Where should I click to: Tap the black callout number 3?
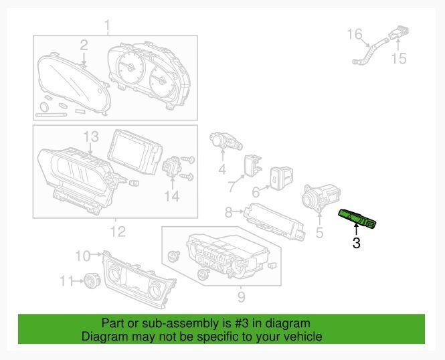coord(357,243)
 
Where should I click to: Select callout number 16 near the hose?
coord(355,34)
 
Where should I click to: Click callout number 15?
coord(399,58)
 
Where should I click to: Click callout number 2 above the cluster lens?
coord(84,46)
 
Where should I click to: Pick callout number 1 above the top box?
coord(107,25)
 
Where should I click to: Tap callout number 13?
coord(91,137)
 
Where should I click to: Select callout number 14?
coord(172,196)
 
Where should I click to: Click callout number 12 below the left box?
coord(118,232)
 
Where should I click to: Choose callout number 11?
coord(66,281)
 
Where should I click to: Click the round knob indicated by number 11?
coord(92,280)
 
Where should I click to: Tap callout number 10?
coord(83,256)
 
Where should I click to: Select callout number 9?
coord(241,296)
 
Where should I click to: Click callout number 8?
coord(228,212)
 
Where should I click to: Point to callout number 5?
coord(320,232)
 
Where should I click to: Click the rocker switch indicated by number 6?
coord(282,177)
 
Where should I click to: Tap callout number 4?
coord(222,169)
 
